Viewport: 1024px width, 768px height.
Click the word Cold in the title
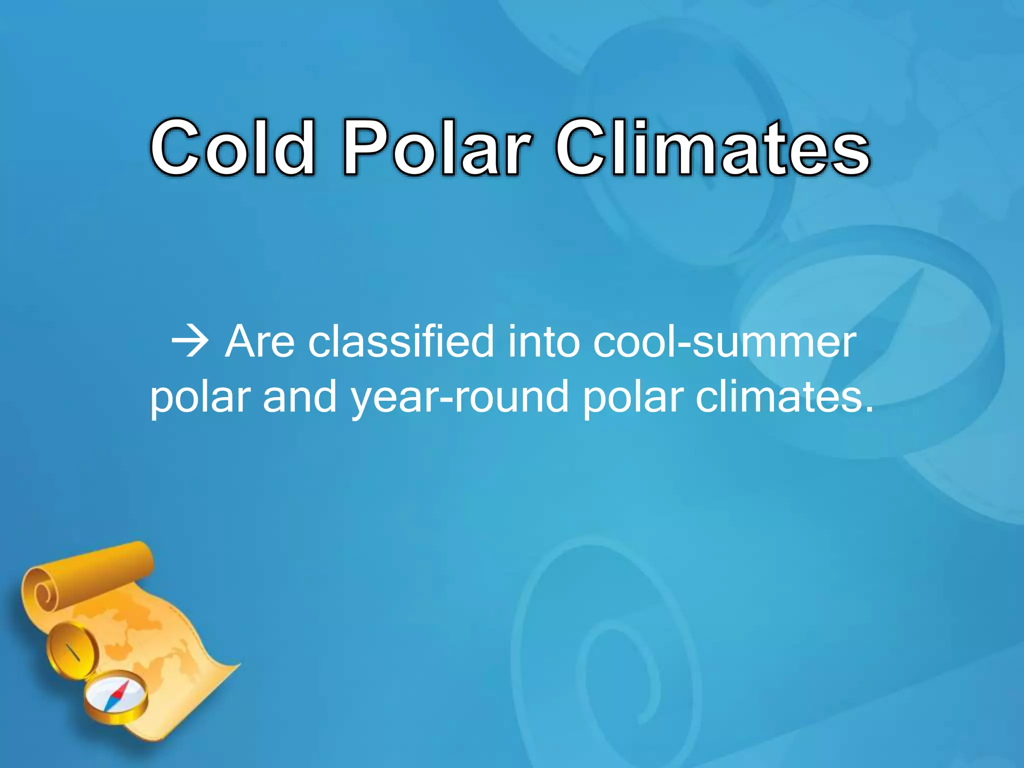233,147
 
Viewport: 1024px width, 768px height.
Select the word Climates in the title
713,147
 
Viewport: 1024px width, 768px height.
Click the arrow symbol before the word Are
190,343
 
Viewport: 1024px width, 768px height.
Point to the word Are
260,342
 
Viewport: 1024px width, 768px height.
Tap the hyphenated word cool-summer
724,343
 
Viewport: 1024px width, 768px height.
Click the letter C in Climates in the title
582,148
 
